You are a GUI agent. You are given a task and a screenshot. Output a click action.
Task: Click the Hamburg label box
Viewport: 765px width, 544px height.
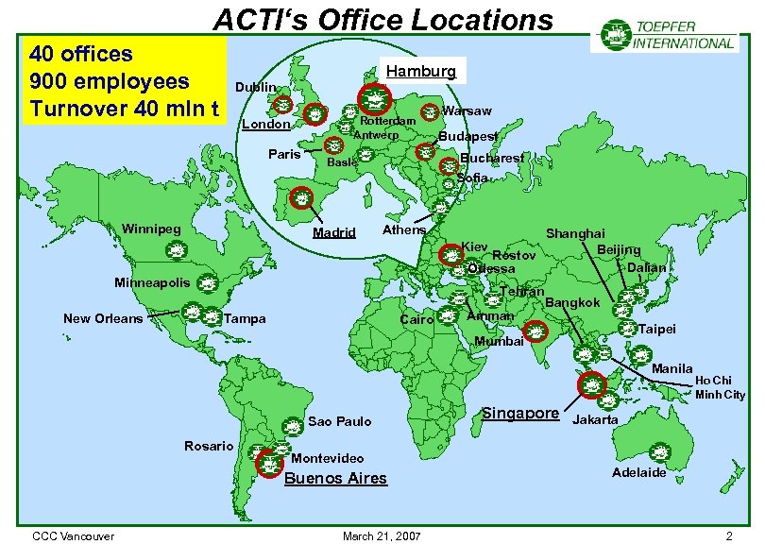click(x=420, y=71)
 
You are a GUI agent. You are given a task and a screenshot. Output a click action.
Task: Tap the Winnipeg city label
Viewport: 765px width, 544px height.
click(x=151, y=229)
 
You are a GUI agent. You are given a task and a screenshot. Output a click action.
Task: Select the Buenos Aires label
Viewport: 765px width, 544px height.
click(x=335, y=478)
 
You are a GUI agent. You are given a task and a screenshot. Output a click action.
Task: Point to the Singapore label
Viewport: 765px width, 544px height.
click(x=520, y=414)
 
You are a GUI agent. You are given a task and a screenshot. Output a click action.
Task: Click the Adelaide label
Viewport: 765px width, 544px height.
click(x=638, y=472)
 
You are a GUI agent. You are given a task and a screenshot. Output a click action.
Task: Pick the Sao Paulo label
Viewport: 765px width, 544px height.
click(x=340, y=421)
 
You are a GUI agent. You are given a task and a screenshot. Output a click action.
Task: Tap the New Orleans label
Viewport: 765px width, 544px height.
click(x=103, y=318)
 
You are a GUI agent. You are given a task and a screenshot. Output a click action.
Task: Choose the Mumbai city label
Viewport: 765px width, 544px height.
click(x=499, y=341)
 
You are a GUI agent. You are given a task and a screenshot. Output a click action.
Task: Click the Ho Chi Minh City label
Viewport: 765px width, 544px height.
click(x=720, y=387)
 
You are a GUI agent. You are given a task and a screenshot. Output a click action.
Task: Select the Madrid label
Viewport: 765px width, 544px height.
click(x=334, y=232)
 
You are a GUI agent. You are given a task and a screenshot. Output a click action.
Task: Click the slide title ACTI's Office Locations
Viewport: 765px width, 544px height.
click(x=382, y=19)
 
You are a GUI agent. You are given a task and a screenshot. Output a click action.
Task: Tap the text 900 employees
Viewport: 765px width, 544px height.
click(x=110, y=80)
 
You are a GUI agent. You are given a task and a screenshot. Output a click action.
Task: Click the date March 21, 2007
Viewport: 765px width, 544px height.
click(x=382, y=536)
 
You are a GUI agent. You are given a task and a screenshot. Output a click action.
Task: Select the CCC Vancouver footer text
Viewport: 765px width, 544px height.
click(x=73, y=536)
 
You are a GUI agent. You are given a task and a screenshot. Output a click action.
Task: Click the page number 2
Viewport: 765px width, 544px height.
click(x=728, y=536)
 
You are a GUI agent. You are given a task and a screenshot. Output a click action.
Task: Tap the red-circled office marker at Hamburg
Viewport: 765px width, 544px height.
click(x=375, y=98)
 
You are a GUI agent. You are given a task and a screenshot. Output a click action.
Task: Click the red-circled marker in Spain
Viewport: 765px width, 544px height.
click(x=300, y=198)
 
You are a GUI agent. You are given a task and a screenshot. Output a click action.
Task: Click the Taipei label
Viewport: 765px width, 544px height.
click(x=657, y=331)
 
